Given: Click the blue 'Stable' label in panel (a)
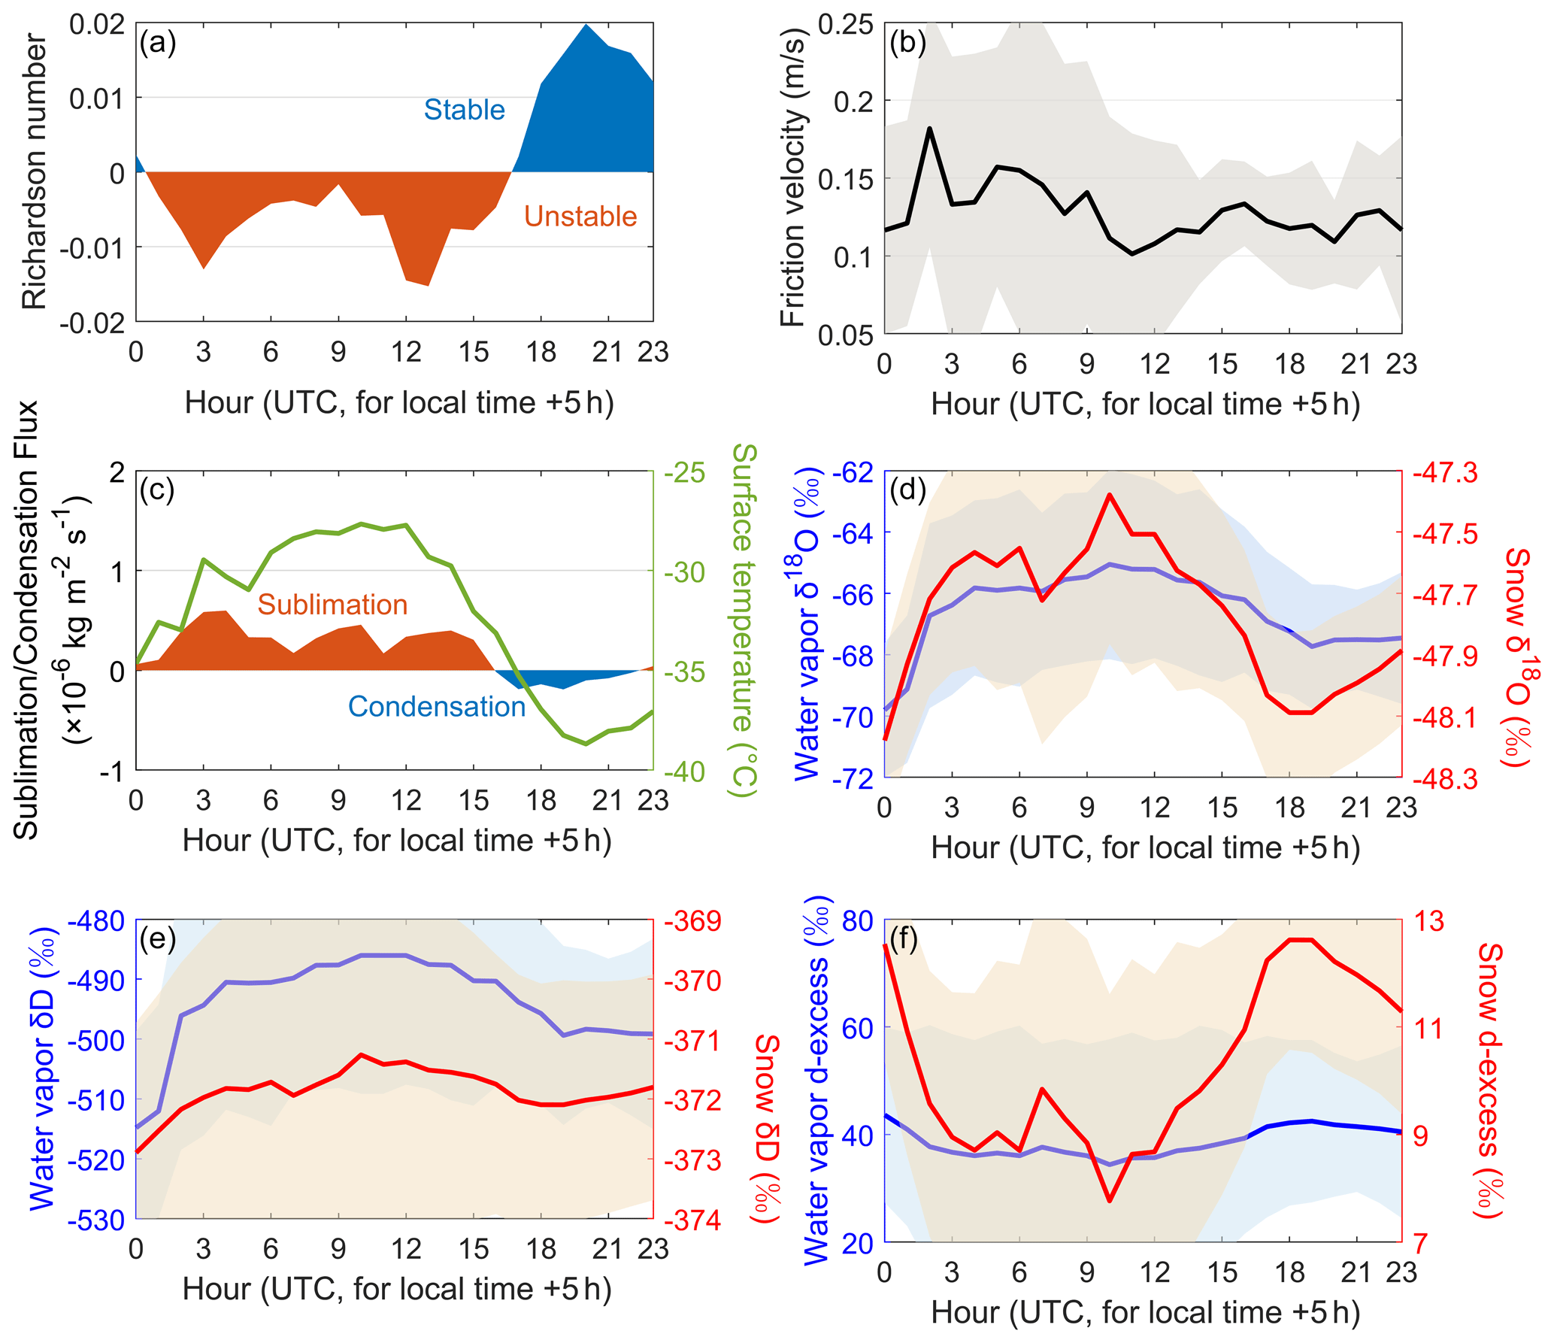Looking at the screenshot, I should click(x=464, y=110).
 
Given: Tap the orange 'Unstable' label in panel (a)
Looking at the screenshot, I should click(x=580, y=217).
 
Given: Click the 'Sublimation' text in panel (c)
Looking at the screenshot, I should click(x=332, y=605).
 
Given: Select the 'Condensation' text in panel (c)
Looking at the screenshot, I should click(x=436, y=707).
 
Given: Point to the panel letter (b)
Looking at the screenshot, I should click(x=907, y=43).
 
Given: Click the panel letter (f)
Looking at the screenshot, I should click(x=903, y=939).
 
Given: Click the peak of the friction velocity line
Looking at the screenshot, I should click(x=929, y=129).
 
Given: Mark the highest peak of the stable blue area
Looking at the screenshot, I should click(x=586, y=25).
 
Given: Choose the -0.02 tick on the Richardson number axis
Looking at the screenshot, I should click(x=92, y=323).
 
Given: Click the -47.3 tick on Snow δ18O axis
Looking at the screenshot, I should click(x=1444, y=473).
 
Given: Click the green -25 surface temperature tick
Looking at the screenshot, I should click(x=684, y=473).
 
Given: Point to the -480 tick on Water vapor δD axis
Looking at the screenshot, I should click(x=96, y=921).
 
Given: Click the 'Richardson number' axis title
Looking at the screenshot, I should click(x=34, y=172).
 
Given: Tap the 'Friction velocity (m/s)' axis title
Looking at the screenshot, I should click(x=792, y=177).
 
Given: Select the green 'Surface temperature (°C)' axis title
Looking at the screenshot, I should click(x=744, y=620).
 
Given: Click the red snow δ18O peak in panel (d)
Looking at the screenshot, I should click(x=1109, y=495).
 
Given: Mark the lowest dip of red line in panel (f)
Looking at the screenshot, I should click(x=1110, y=1200).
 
